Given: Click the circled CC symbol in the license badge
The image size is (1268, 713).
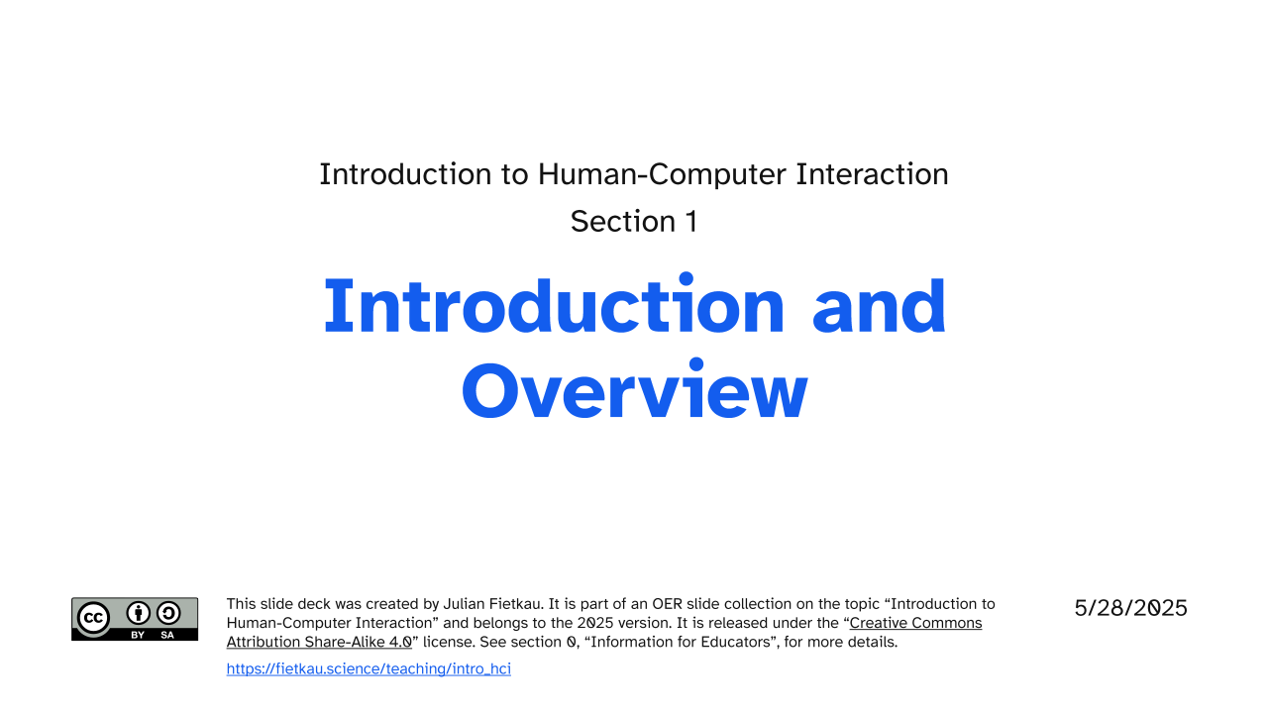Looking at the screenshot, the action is click(93, 618).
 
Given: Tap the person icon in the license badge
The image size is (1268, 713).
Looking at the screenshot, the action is click(138, 613).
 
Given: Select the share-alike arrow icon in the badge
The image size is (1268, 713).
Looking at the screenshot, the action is click(168, 613).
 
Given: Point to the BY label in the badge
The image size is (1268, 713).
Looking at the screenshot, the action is click(138, 635).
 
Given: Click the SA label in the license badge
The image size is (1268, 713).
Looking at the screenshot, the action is click(167, 635).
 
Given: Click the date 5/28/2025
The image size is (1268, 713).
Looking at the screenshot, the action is click(1130, 608).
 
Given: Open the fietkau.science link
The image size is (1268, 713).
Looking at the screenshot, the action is click(369, 668).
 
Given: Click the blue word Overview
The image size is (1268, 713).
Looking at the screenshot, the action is click(635, 391).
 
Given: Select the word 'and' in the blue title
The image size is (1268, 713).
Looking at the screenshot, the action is click(879, 306).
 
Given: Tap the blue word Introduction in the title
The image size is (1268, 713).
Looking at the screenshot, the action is click(554, 305).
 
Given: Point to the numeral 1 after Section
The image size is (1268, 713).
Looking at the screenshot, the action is click(691, 221).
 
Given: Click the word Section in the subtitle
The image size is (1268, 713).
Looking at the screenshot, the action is click(623, 221).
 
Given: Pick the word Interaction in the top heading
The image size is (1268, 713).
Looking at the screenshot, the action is click(872, 173).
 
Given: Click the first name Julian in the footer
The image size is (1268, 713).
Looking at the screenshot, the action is click(463, 604).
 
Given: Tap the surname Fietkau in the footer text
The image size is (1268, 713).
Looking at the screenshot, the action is click(516, 604).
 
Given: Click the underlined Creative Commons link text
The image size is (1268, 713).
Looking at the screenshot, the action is click(916, 623).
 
